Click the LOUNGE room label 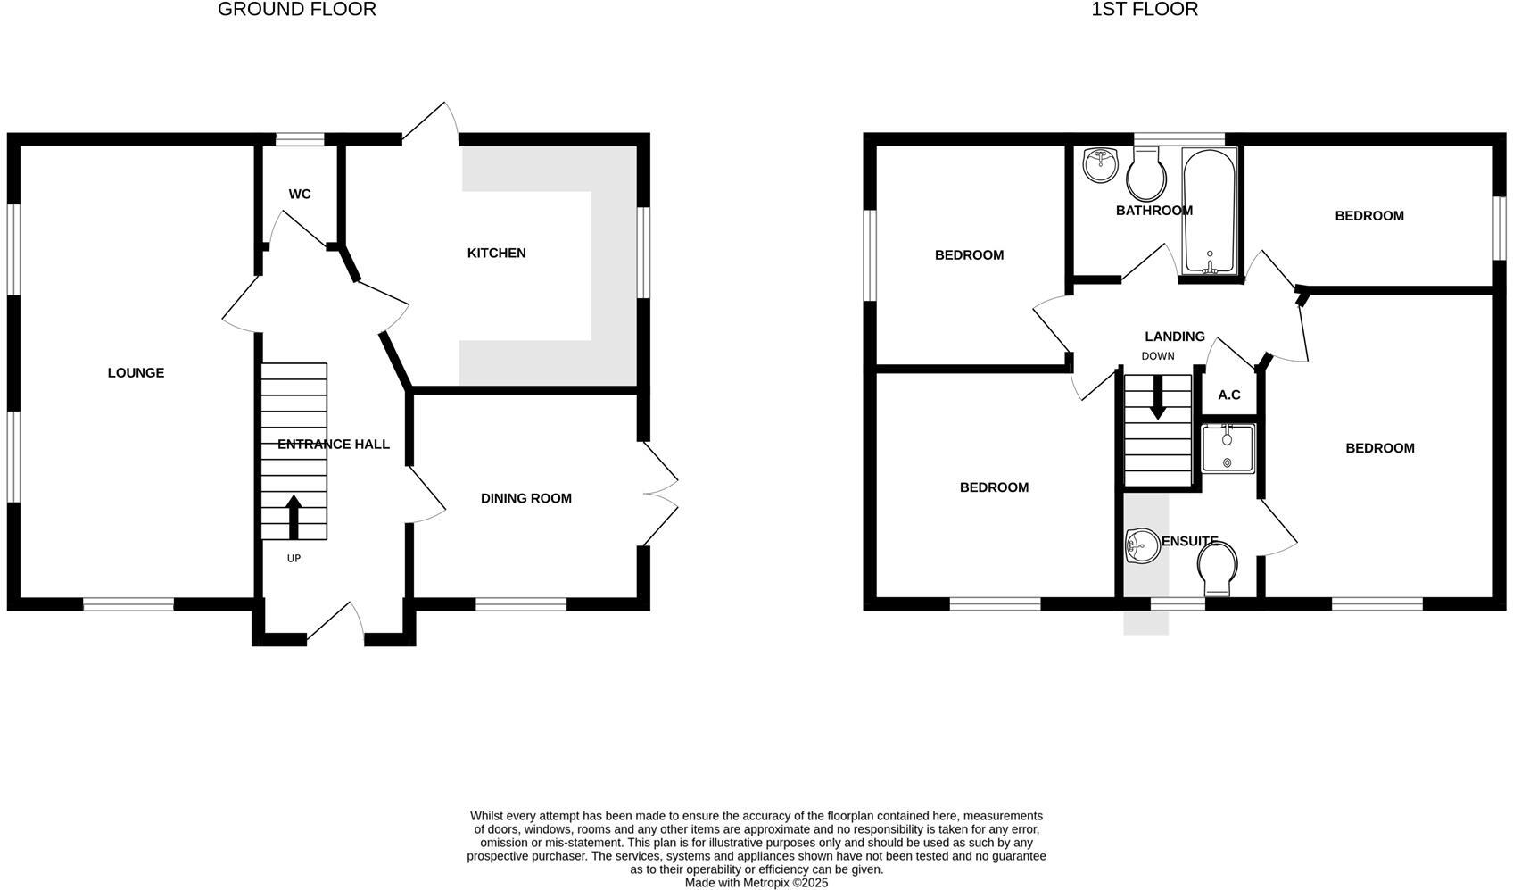(136, 372)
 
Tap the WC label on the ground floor (300, 194)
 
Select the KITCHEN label (496, 253)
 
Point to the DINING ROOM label (525, 498)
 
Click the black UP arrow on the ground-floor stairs (294, 516)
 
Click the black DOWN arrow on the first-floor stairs (1157, 398)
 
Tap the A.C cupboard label (1228, 395)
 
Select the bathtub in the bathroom (1209, 211)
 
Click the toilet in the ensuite (1217, 569)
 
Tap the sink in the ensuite (1141, 545)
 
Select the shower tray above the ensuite (1228, 448)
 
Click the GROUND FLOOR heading (296, 10)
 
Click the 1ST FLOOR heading (1144, 10)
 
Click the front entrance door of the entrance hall (335, 622)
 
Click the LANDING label (1174, 337)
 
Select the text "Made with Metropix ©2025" (756, 882)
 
